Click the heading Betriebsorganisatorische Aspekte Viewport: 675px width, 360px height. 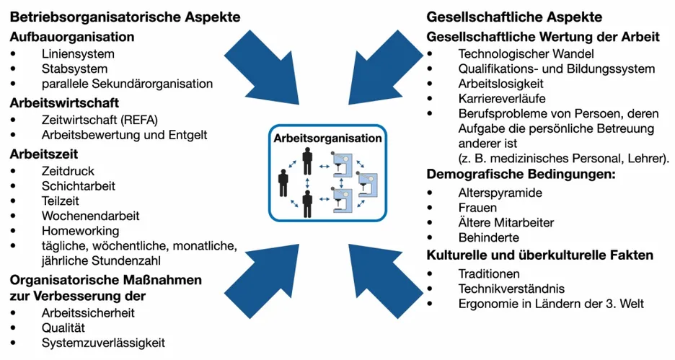(125, 17)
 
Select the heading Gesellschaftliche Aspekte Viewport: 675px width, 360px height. (514, 17)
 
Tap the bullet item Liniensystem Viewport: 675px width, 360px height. (78, 53)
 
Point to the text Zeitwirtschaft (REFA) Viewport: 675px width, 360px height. (100, 120)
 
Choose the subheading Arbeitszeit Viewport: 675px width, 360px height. (44, 154)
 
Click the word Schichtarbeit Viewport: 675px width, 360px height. (79, 186)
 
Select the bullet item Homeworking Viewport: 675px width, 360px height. (80, 231)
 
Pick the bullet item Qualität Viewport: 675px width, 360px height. (63, 328)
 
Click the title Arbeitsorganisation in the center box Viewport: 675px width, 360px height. (328, 138)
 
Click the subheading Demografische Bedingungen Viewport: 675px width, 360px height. (519, 174)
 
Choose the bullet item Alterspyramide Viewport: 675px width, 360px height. (500, 193)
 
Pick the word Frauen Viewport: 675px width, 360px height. (477, 208)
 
